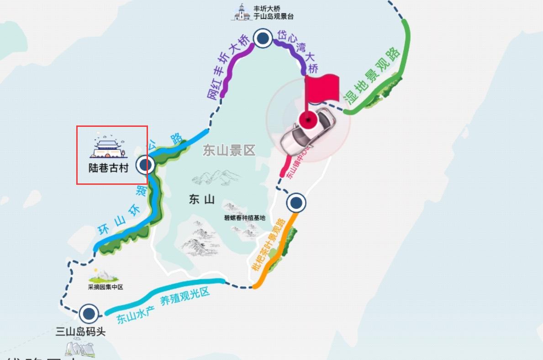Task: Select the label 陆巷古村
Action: tap(108, 168)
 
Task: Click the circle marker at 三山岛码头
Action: tap(89, 314)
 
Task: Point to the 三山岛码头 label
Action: tap(80, 332)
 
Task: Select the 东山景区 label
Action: tap(229, 151)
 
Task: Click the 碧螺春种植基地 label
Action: tap(244, 218)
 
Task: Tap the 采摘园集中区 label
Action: tap(105, 287)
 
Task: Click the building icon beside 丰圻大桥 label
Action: tap(242, 12)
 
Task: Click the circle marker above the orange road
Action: tap(296, 202)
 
